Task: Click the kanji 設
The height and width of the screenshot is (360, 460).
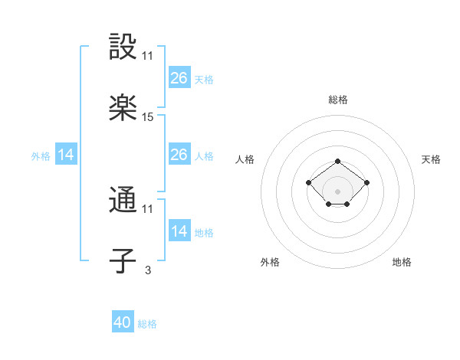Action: [123, 47]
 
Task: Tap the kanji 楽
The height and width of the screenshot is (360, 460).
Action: [123, 109]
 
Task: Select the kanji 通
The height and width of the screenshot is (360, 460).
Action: [123, 201]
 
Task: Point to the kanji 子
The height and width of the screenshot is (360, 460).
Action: [123, 262]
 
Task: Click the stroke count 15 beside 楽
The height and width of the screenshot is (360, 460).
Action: [148, 117]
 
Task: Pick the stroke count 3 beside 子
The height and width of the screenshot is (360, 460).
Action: [148, 270]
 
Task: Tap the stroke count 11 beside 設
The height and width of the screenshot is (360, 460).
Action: [148, 56]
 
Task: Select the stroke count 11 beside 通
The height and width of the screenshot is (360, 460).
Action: [148, 209]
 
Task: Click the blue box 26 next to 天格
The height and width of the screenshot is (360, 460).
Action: [179, 78]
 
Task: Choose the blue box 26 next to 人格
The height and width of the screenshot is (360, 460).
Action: [179, 155]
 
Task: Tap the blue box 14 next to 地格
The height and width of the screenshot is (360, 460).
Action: [179, 231]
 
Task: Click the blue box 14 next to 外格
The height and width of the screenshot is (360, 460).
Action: [66, 155]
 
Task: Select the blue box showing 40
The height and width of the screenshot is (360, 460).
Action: [123, 322]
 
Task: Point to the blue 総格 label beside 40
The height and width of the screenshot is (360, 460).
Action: [147, 324]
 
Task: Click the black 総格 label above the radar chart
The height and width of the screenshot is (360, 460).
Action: [338, 100]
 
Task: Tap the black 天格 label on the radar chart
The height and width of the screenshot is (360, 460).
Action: [431, 159]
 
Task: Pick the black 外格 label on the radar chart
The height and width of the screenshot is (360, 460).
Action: [270, 262]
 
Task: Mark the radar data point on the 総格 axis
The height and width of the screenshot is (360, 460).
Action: [338, 162]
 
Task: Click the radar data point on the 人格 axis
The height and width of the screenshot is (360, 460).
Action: [308, 182]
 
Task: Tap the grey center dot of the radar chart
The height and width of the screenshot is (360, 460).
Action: [338, 191]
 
